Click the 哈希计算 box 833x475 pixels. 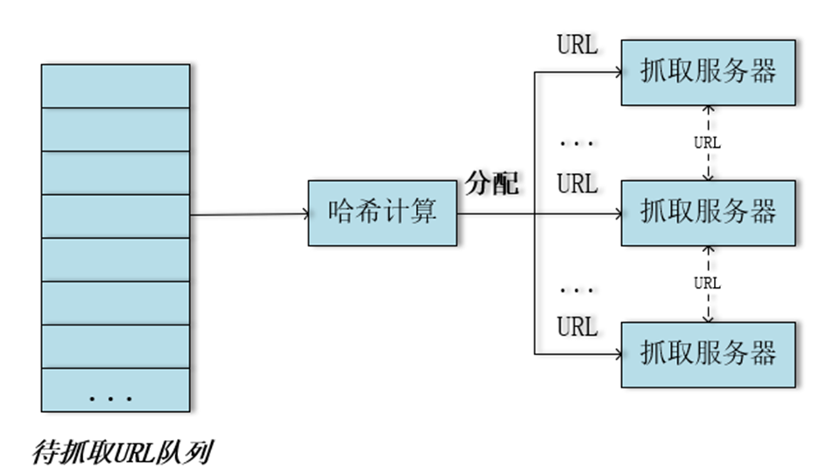click(x=383, y=213)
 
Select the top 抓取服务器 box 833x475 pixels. click(x=709, y=72)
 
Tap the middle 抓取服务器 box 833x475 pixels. click(x=709, y=213)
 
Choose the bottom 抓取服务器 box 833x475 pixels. click(x=709, y=354)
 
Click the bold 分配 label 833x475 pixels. click(x=492, y=184)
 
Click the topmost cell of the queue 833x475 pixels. click(x=115, y=86)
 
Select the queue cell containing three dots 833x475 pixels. click(x=115, y=391)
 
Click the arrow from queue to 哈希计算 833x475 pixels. click(x=250, y=214)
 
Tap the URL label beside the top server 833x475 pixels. click(x=577, y=46)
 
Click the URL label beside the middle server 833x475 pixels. click(x=577, y=185)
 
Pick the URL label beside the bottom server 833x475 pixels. click(x=577, y=327)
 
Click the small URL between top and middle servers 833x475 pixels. click(x=707, y=142)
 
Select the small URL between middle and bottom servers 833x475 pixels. click(x=707, y=283)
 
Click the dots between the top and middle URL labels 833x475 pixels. click(x=576, y=143)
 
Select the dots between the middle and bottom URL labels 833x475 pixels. click(x=576, y=288)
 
